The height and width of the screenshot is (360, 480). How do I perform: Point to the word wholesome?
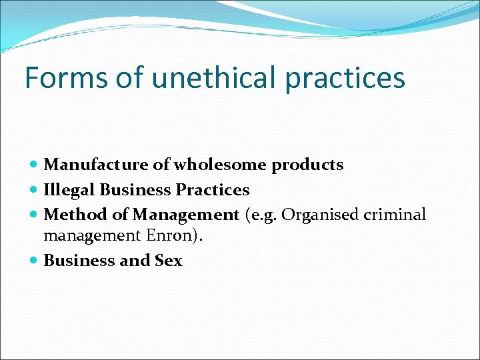click(x=205, y=165)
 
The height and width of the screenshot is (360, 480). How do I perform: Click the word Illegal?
click(x=69, y=190)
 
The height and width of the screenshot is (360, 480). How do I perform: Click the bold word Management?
click(x=185, y=215)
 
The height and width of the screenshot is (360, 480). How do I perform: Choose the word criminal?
click(x=393, y=215)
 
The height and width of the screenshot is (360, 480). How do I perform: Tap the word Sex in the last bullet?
click(x=168, y=261)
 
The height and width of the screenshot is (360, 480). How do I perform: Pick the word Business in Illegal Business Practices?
click(x=135, y=190)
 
